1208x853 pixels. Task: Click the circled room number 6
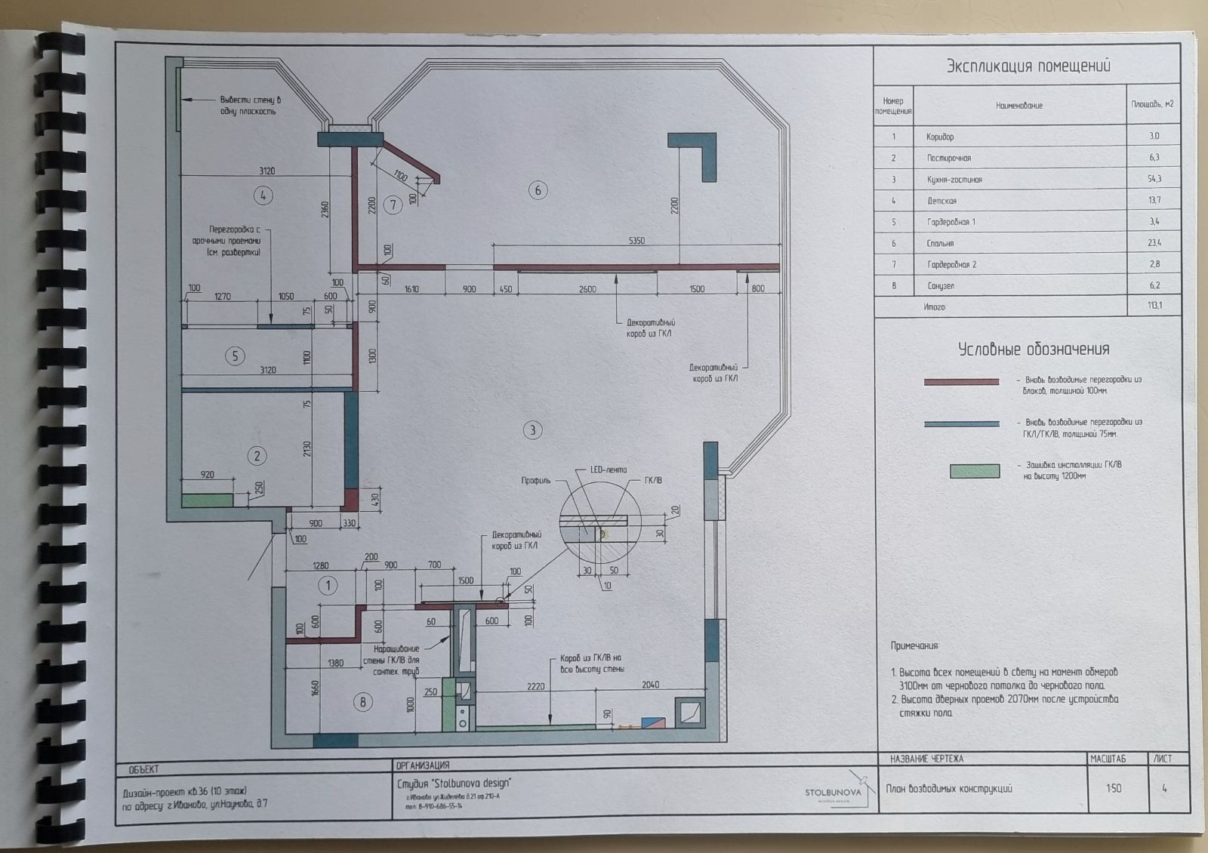[538, 190]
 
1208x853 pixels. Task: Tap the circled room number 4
[263, 196]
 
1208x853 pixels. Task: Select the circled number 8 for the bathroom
[362, 702]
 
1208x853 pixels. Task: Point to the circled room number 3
[533, 430]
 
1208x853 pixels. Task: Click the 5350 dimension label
[636, 241]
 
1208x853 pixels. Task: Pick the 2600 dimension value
[587, 289]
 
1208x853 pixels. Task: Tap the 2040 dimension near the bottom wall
[650, 685]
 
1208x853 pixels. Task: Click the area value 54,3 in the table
[1153, 179]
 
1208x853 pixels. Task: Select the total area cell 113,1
[1153, 306]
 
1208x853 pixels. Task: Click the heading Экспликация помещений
[1028, 66]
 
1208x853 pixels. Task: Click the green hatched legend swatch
[974, 471]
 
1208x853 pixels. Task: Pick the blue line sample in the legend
[961, 424]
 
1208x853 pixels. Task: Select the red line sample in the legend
[961, 382]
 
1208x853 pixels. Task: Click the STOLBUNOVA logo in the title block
[833, 792]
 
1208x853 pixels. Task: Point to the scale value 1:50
[1114, 788]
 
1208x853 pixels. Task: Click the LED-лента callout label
[608, 470]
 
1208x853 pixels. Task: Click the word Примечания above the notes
[915, 646]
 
